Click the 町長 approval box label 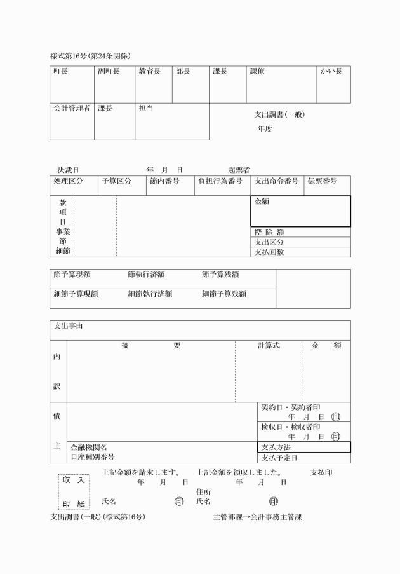pyautogui.click(x=61, y=72)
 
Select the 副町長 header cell pyautogui.click(x=109, y=72)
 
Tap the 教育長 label pyautogui.click(x=150, y=72)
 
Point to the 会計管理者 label pyautogui.click(x=71, y=108)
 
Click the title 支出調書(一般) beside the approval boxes pyautogui.click(x=279, y=114)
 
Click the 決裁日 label pyautogui.click(x=68, y=170)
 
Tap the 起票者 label pyautogui.click(x=239, y=170)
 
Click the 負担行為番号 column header pyautogui.click(x=220, y=181)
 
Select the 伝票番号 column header pyautogui.click(x=323, y=181)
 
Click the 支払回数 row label pyautogui.click(x=269, y=252)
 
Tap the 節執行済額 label pyautogui.click(x=146, y=275)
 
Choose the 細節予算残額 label pyautogui.click(x=224, y=294)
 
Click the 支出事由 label pyautogui.click(x=68, y=326)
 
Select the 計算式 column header pyautogui.click(x=269, y=345)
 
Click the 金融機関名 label pyautogui.click(x=89, y=448)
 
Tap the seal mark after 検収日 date pyautogui.click(x=335, y=436)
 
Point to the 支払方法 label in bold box pyautogui.click(x=276, y=447)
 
